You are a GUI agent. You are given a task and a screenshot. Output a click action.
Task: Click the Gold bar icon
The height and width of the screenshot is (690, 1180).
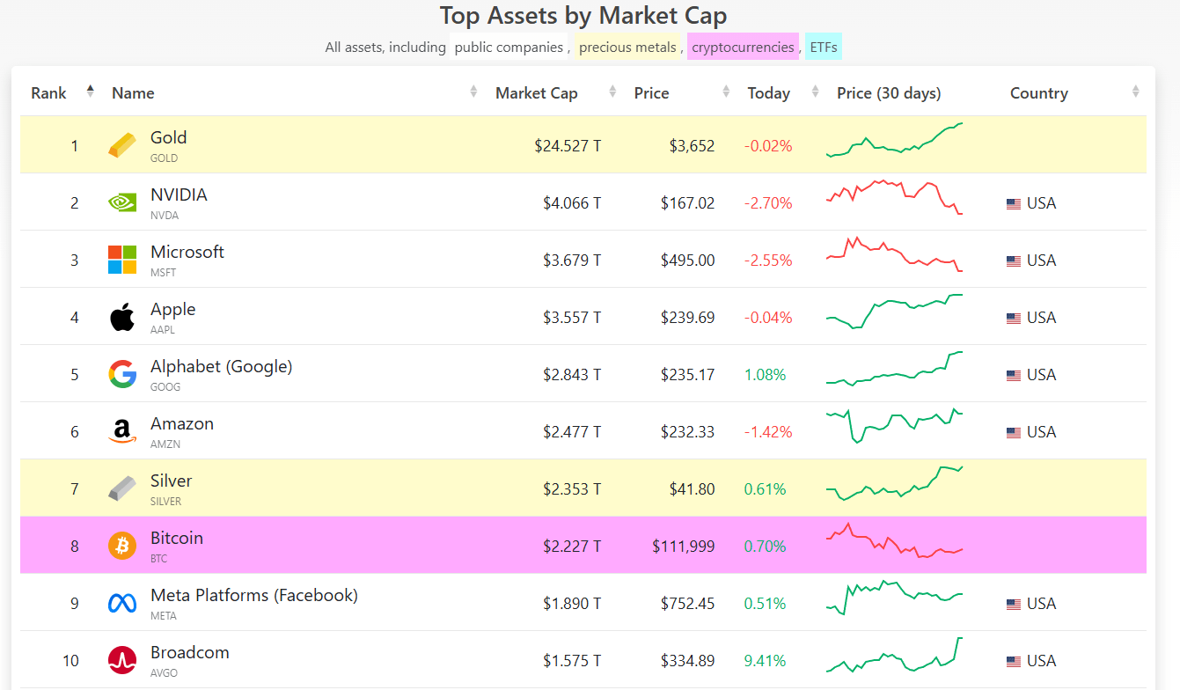[122, 145]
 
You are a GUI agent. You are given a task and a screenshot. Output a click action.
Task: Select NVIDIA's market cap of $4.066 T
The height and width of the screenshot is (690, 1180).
[572, 203]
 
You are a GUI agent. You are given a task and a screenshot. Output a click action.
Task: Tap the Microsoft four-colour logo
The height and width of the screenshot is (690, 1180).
[122, 260]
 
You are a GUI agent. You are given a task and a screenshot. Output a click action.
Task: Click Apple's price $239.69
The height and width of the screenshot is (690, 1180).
[687, 318]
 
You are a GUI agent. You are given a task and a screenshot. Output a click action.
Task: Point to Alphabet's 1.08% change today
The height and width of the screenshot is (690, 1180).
[765, 375]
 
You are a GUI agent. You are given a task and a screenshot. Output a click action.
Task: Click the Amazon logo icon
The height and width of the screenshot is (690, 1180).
[122, 431]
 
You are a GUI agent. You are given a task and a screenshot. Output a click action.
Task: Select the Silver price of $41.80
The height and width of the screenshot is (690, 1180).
[692, 489]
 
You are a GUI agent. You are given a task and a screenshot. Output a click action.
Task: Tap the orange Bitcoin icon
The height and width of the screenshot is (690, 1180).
[122, 546]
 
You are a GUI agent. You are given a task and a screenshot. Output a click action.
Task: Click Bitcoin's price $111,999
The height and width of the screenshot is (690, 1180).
[683, 547]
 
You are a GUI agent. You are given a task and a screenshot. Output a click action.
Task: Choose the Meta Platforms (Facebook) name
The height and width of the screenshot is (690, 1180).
[254, 596]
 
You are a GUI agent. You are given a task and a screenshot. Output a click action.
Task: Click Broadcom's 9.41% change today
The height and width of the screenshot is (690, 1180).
[765, 661]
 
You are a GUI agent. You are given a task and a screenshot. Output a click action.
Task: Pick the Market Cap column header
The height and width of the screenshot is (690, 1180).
[536, 93]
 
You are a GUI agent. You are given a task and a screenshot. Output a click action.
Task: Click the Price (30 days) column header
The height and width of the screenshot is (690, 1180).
[889, 93]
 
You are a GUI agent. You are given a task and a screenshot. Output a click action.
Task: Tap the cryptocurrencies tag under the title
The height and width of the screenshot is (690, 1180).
[743, 48]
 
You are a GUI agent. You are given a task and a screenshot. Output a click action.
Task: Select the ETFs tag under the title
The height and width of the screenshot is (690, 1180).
[824, 48]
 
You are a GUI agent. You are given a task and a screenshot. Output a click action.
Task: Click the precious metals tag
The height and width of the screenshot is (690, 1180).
[627, 48]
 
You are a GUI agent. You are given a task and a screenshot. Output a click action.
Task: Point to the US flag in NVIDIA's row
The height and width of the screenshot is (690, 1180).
[1014, 203]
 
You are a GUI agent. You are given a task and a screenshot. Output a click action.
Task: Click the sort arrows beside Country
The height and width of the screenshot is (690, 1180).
[1135, 92]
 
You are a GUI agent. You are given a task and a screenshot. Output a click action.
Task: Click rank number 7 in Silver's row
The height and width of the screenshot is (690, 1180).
[75, 489]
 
